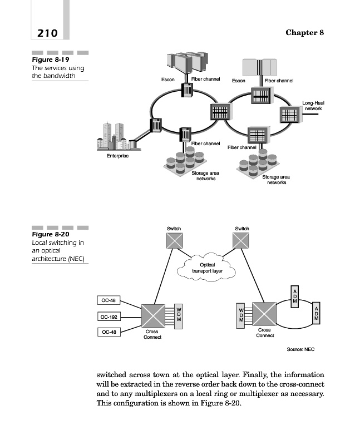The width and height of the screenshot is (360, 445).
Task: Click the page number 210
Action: (47, 33)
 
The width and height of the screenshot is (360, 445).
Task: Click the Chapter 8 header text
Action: (304, 32)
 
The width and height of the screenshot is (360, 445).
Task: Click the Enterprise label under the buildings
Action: (117, 156)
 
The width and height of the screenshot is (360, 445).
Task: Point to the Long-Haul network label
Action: (313, 106)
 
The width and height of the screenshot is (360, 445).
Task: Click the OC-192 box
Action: (109, 317)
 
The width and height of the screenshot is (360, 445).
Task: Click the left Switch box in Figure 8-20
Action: (174, 240)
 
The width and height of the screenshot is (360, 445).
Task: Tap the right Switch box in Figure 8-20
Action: (242, 240)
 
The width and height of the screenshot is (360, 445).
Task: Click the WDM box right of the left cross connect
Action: (179, 317)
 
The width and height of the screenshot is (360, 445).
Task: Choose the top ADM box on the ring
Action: (294, 295)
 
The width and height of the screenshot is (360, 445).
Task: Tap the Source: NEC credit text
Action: (300, 349)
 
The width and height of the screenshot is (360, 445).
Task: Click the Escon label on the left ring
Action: (167, 80)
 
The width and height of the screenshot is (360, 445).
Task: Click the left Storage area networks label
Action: (205, 176)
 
